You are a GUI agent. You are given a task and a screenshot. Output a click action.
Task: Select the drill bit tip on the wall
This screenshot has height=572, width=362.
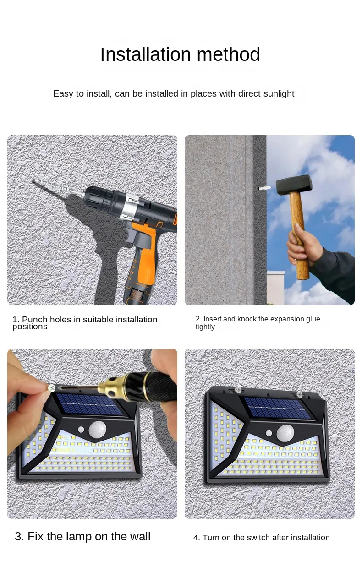tap(34, 181)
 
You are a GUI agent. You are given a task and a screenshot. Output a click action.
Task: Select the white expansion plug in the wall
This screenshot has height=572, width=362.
tap(264, 188)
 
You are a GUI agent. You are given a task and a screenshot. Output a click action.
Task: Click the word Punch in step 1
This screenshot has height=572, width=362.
tap(34, 319)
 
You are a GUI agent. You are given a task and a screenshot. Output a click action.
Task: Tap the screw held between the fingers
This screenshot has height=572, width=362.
tap(51, 388)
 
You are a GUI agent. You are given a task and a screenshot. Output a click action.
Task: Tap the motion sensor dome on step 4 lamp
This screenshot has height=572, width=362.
tap(285, 432)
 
